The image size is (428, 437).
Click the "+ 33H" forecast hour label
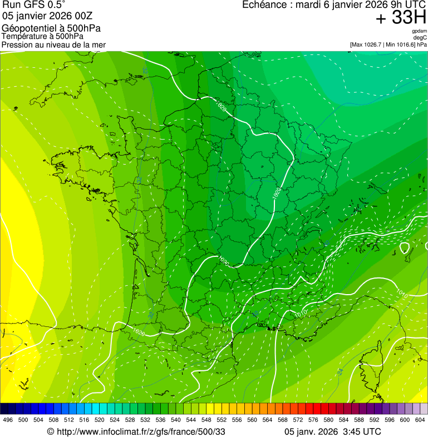401,18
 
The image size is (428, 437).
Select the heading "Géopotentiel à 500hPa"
51,28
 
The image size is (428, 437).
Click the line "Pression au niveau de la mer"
53,44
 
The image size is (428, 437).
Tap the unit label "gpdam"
419,32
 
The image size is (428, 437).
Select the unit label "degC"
420,38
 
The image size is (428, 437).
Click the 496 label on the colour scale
8,420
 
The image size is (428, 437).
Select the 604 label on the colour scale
420,420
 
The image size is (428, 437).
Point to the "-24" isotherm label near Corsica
340,371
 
